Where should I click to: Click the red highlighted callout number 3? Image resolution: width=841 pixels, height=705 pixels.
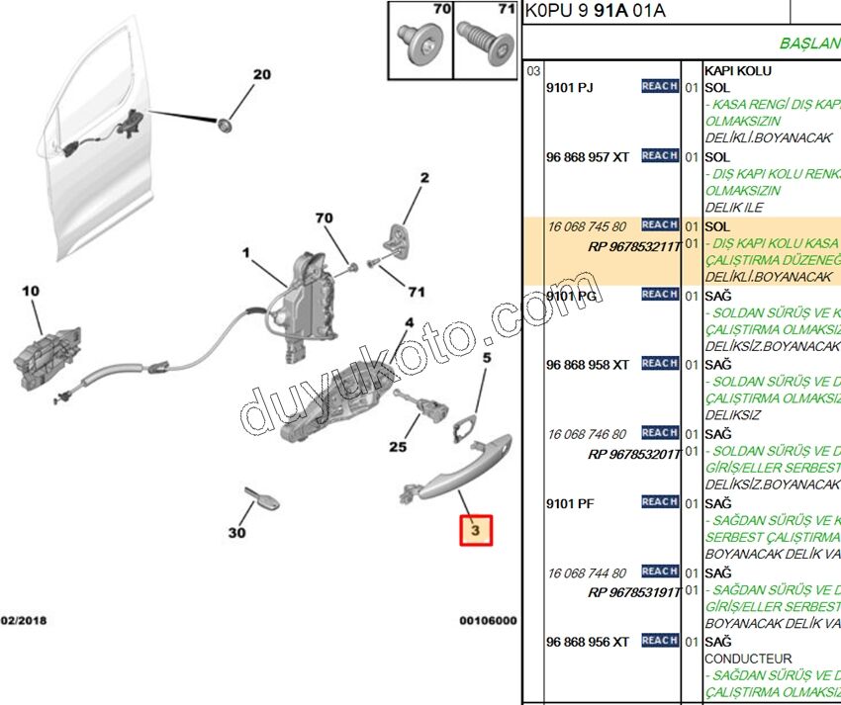475,532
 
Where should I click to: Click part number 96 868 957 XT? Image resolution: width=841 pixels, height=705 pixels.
587,156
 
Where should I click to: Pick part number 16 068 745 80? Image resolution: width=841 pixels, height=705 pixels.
587,226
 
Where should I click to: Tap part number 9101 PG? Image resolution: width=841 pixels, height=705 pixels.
571,295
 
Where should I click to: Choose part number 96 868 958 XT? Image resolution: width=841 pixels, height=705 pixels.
587,365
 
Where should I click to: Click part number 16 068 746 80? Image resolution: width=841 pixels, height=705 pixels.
587,434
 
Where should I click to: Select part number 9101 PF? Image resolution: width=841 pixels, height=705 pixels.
570,502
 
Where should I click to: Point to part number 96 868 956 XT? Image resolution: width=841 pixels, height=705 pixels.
587,642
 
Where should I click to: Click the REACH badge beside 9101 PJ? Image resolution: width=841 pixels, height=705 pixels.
660,87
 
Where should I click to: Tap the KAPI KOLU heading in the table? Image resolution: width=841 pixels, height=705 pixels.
737,71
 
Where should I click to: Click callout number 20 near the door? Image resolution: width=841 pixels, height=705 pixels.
261,75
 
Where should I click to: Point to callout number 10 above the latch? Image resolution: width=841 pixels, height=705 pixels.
31,291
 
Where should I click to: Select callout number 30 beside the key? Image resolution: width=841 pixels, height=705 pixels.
236,534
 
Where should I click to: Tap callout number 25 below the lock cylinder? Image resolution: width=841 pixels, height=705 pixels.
397,447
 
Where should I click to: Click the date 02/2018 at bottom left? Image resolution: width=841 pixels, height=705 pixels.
23,621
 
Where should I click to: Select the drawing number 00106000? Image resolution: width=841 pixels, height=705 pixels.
488,621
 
